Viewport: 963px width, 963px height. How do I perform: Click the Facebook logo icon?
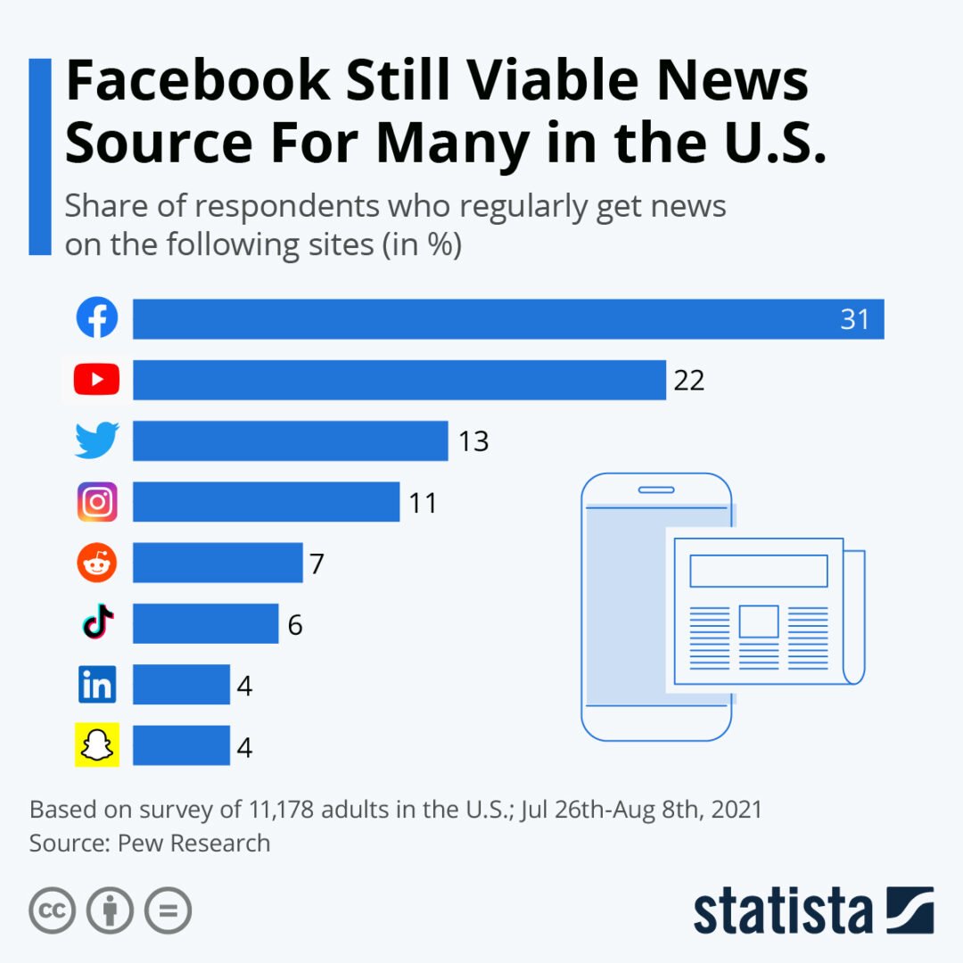click(x=96, y=318)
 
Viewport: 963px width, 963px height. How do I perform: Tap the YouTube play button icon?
click(x=96, y=380)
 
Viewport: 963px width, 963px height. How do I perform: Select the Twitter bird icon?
click(x=96, y=440)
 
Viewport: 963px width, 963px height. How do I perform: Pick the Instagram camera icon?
click(x=96, y=502)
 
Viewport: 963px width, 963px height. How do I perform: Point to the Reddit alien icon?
click(x=96, y=563)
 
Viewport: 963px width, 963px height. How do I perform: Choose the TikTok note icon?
click(x=97, y=623)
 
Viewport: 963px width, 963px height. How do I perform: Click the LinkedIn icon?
click(x=96, y=685)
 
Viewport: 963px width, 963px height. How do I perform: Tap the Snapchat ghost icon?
click(x=96, y=745)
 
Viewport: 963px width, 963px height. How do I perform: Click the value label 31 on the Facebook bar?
click(x=854, y=319)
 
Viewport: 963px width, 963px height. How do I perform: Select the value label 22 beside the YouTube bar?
click(x=689, y=381)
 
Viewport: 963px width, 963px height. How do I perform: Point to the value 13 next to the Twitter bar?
click(x=473, y=441)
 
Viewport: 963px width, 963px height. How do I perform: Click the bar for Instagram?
click(x=266, y=502)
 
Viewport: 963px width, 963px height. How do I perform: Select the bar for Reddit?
click(x=218, y=563)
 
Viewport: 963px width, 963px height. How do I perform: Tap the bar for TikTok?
click(x=205, y=623)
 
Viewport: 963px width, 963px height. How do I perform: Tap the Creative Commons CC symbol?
click(x=52, y=910)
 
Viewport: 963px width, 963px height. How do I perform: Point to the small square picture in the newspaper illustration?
click(x=758, y=621)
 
